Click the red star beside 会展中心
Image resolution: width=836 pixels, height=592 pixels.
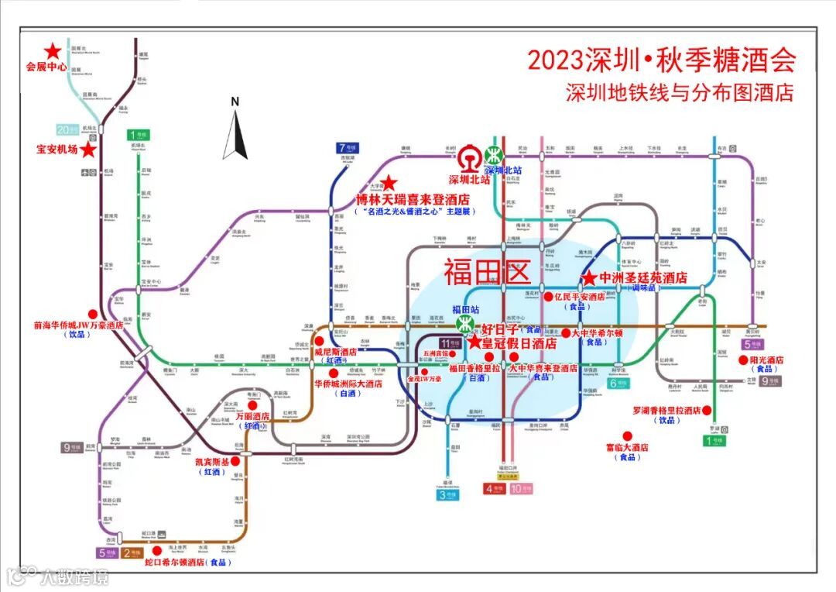(53, 51)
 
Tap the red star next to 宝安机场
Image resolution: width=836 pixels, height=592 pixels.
(89, 150)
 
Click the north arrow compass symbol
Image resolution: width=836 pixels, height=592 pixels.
(235, 131)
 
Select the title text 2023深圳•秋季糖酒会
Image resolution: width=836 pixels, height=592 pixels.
(661, 60)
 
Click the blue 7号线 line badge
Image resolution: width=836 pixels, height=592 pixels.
(346, 147)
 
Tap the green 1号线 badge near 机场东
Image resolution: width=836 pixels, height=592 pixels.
(137, 134)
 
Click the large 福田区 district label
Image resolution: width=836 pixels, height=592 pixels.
(486, 272)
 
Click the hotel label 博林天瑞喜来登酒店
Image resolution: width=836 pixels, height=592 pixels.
(413, 200)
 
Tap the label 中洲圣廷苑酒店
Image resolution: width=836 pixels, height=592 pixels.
(643, 277)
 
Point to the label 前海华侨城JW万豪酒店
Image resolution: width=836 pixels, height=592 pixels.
(78, 326)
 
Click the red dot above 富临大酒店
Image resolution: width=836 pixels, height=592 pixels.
(628, 435)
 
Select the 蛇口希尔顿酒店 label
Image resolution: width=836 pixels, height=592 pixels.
(175, 563)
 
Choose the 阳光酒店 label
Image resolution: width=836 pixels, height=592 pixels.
(767, 360)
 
